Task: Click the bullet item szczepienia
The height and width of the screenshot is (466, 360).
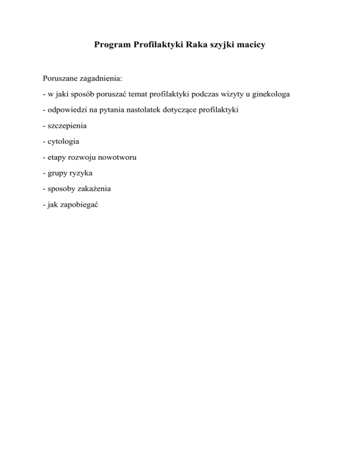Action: [x=64, y=126]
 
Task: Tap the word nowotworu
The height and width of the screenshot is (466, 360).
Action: [x=117, y=157]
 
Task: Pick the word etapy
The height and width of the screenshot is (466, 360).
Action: [x=54, y=158]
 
